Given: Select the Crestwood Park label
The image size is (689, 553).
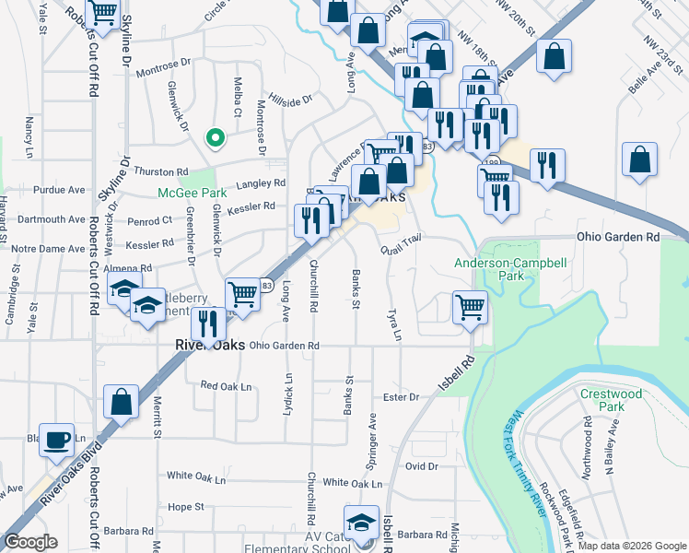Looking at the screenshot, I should [610, 399].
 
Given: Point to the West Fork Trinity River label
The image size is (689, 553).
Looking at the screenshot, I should [531, 478].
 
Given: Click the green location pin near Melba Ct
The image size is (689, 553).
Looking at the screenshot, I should [215, 138].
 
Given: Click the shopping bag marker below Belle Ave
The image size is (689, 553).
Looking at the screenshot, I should [639, 159].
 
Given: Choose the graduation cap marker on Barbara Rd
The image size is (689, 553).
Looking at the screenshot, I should [362, 522].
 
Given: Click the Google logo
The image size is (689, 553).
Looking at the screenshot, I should [31, 541].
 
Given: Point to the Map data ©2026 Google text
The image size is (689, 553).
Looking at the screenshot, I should [630, 546].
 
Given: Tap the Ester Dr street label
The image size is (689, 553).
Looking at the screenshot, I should [401, 397].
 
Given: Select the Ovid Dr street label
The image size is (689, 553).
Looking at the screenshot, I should [420, 466].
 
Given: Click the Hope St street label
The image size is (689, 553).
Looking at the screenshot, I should [185, 507].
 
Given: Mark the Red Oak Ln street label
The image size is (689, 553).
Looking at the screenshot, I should [226, 386].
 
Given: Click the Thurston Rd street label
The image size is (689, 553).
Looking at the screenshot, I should [161, 171].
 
